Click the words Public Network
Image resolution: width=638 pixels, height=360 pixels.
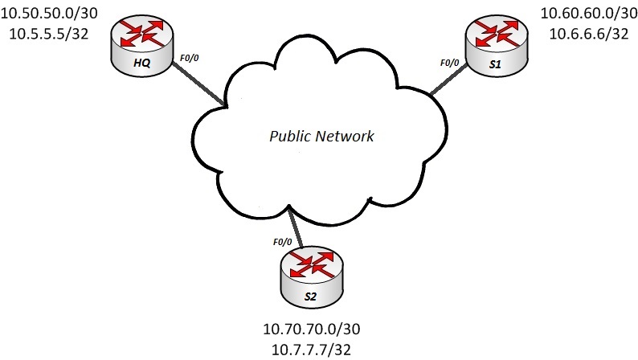[321, 136]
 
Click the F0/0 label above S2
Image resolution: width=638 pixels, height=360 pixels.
[282, 241]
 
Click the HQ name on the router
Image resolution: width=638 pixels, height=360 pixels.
[137, 63]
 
